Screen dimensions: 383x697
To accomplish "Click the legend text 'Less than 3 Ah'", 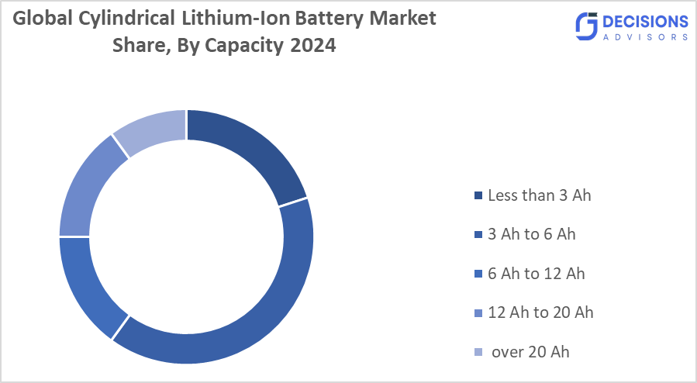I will pyautogui.click(x=540, y=195).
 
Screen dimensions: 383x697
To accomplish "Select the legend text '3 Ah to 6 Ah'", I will pyautogui.click(x=532, y=234).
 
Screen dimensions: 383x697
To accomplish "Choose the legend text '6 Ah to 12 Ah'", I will pyautogui.click(x=537, y=274).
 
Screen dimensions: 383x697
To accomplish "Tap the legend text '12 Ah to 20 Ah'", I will pyautogui.click(x=540, y=312).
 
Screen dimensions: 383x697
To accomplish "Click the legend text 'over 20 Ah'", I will pyautogui.click(x=531, y=352).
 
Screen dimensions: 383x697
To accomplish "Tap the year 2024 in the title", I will pyautogui.click(x=313, y=46).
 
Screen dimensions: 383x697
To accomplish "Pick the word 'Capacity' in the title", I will pyautogui.click(x=246, y=46).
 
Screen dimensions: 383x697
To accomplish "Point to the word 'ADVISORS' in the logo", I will pyautogui.click(x=646, y=36).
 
